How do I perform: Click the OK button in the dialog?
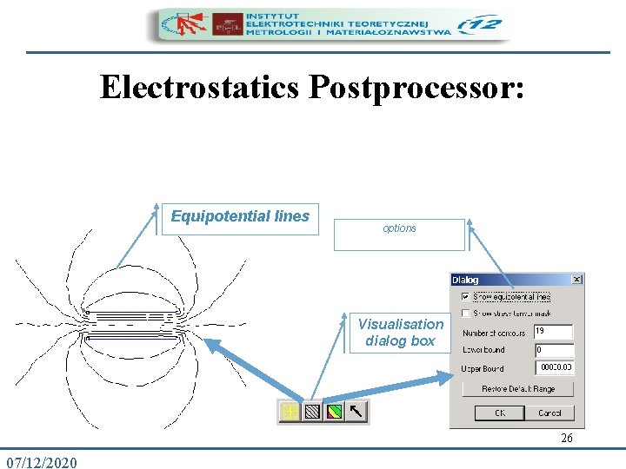point(500,413)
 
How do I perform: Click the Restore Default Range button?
point(518,389)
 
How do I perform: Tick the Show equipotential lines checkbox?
point(466,296)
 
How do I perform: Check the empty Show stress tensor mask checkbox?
point(466,313)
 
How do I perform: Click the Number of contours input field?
point(553,332)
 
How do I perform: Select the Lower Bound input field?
point(553,350)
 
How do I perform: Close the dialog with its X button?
point(576,280)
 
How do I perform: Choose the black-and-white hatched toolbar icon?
point(312,412)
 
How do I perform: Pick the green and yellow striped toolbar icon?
point(334,412)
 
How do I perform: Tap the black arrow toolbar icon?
point(356,412)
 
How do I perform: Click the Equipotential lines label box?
point(240,217)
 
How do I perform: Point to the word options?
point(399,228)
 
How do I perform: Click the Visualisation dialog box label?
point(400,332)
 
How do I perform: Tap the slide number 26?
point(567,439)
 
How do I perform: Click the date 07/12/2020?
point(41,461)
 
